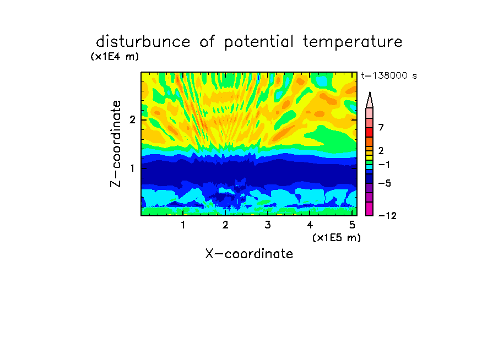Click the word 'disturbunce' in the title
click(143, 42)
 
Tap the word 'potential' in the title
click(259, 42)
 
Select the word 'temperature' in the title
click(353, 42)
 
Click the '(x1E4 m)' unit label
click(115, 57)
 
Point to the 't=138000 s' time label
click(389, 75)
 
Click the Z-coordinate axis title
click(116, 144)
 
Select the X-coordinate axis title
click(249, 254)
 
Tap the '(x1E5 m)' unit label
click(337, 238)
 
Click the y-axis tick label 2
click(132, 119)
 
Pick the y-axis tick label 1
click(132, 168)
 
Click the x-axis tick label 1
click(183, 225)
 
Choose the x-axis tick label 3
click(268, 225)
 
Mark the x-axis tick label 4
click(310, 225)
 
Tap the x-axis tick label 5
click(352, 225)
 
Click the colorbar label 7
click(381, 128)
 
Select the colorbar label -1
click(384, 165)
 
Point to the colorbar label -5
click(385, 183)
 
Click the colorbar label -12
click(387, 216)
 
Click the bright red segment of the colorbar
click(370, 132)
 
